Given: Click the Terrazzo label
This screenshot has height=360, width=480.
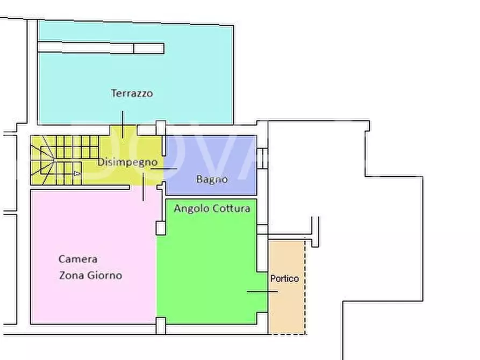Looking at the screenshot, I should (x=132, y=93).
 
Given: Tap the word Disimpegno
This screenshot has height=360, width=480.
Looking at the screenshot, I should (x=127, y=162).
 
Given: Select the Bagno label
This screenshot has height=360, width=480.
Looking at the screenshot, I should (x=211, y=179).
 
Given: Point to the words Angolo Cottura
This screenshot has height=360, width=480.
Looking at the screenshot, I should (x=212, y=208).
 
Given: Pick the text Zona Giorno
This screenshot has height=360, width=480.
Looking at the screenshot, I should (x=90, y=276).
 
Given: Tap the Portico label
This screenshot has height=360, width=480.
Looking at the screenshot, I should (x=284, y=279).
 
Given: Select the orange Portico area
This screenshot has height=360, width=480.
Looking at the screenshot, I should (x=286, y=312).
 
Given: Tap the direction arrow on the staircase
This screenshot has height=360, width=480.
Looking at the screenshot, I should (x=77, y=174).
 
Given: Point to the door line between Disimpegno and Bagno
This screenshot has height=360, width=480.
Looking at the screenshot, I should (x=163, y=169).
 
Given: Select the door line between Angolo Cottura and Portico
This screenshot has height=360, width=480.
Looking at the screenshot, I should (x=262, y=292).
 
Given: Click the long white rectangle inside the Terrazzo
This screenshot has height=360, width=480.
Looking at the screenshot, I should (x=101, y=48).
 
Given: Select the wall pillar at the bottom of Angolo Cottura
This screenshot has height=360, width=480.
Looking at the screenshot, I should (x=161, y=326).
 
